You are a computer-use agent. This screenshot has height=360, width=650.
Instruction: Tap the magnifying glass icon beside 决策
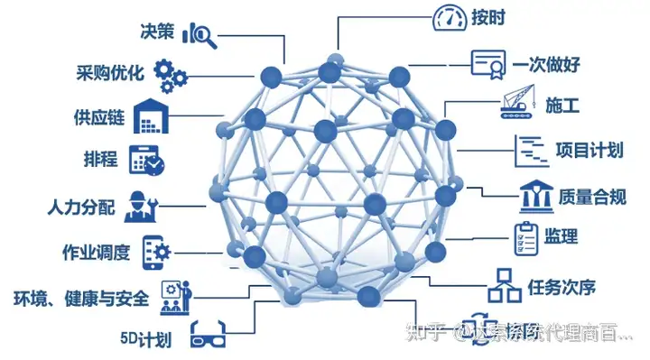(x=200, y=34)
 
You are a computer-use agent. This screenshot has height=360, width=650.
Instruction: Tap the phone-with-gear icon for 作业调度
(x=155, y=250)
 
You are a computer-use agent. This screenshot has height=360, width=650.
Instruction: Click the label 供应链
(x=98, y=117)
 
